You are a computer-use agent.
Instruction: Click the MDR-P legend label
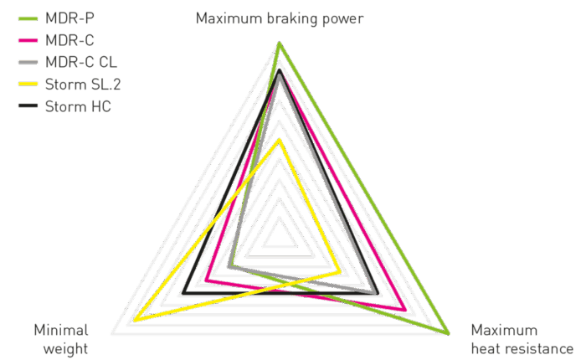pyautogui.click(x=69, y=18)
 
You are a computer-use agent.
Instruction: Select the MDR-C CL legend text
pyautogui.click(x=81, y=62)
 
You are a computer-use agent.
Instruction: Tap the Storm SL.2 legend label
pyautogui.click(x=83, y=84)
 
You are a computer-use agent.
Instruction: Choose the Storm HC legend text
pyautogui.click(x=78, y=106)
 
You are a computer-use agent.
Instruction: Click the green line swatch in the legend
pyautogui.click(x=28, y=18)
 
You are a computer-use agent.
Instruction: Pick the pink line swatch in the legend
pyautogui.click(x=28, y=40)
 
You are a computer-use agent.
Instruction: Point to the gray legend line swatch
pyautogui.click(x=28, y=63)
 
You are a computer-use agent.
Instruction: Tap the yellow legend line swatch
pyautogui.click(x=28, y=84)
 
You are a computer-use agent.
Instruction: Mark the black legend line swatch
pyautogui.click(x=28, y=106)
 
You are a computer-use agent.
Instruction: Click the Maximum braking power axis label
pyautogui.click(x=280, y=18)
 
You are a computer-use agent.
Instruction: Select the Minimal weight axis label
pyautogui.click(x=61, y=339)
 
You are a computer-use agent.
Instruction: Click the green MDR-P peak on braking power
pyautogui.click(x=279, y=44)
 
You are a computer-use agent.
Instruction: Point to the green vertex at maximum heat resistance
pyautogui.click(x=448, y=333)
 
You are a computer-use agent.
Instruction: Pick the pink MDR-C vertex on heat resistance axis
pyautogui.click(x=405, y=309)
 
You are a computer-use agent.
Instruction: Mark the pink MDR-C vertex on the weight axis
pyautogui.click(x=206, y=280)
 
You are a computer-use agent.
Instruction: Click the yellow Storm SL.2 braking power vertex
pyautogui.click(x=279, y=140)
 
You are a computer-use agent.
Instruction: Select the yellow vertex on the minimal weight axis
pyautogui.click(x=135, y=320)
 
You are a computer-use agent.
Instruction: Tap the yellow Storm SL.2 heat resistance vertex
pyautogui.click(x=340, y=272)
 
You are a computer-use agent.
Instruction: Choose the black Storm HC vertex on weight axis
pyautogui.click(x=183, y=293)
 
